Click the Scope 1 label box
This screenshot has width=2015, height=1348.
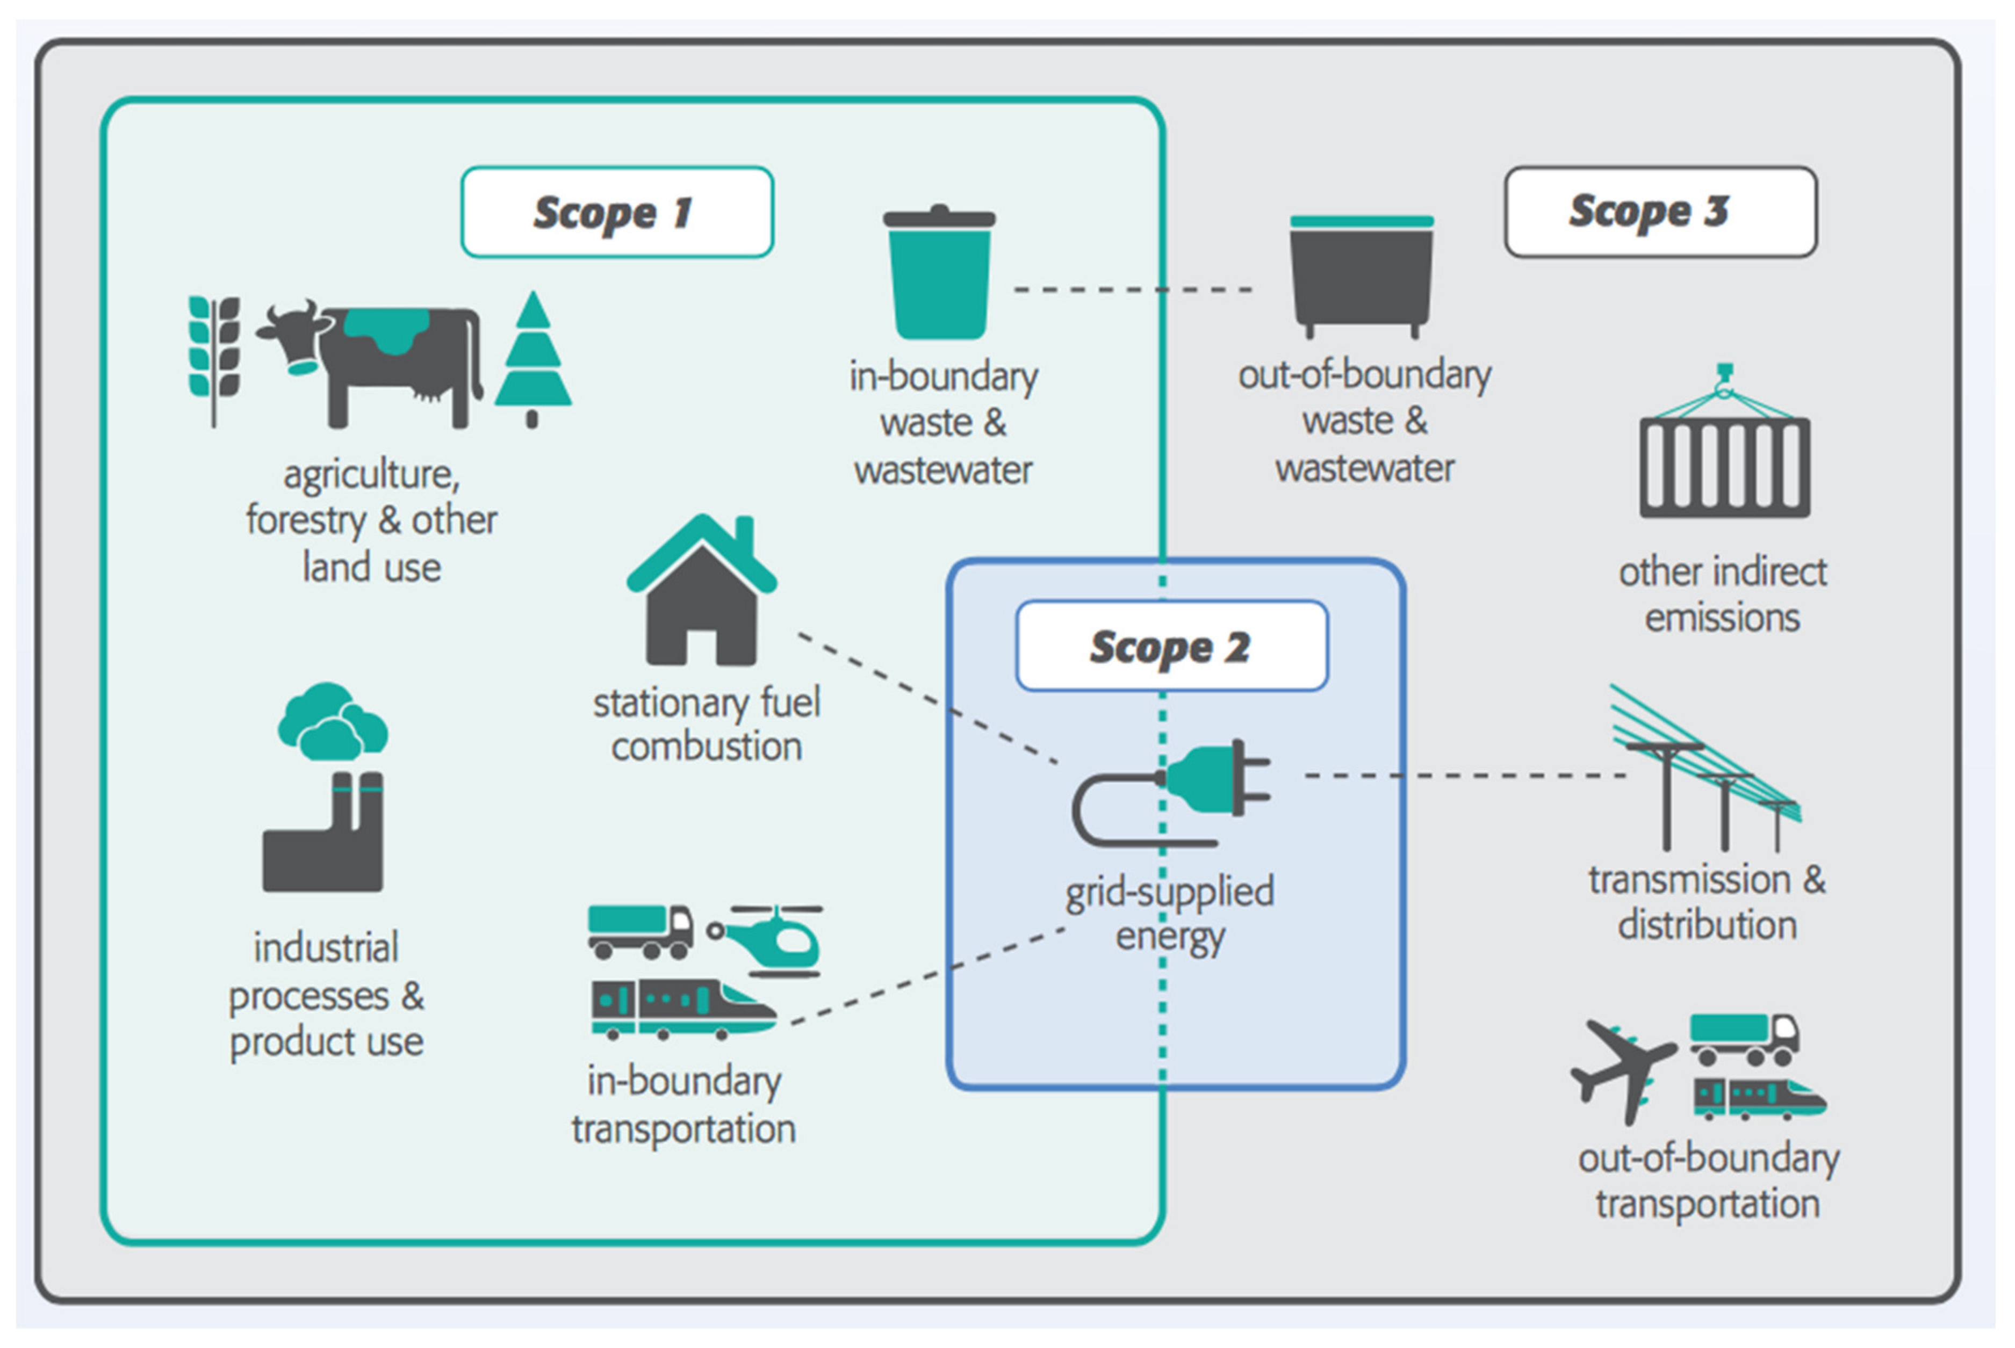(617, 212)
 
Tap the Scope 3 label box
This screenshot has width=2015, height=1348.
(1660, 212)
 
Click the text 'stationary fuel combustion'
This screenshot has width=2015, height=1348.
(707, 724)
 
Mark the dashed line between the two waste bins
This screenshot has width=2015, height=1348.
(1133, 289)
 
